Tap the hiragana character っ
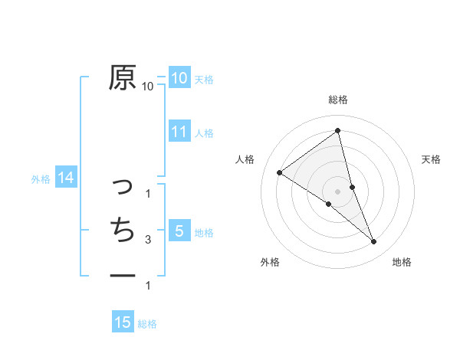click(123, 185)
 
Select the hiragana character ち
click(123, 230)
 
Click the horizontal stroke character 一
click(123, 275)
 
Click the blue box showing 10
click(179, 78)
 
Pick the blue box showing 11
click(179, 132)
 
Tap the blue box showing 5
click(179, 231)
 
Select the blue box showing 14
click(66, 178)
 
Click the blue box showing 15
click(123, 322)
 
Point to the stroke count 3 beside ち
click(148, 240)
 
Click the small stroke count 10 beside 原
click(148, 87)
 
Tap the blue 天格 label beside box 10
click(204, 79)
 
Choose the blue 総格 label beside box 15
click(147, 324)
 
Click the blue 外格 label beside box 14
click(41, 179)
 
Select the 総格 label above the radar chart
click(338, 100)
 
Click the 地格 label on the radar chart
click(402, 262)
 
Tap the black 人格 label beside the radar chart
click(245, 159)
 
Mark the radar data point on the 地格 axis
click(374, 242)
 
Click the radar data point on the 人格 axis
click(279, 172)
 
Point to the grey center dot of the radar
click(337, 191)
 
